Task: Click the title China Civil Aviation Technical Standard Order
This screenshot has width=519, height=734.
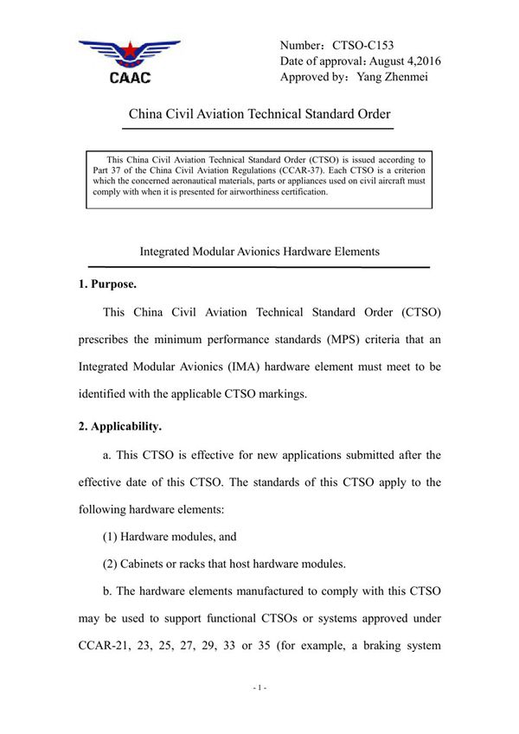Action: coord(259,114)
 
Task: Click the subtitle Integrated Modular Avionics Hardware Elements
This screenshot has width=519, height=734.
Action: coord(259,252)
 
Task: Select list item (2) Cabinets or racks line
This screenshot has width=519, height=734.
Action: coord(224,564)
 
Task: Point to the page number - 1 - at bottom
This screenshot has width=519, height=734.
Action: coord(259,687)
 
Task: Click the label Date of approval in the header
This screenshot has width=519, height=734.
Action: coord(319,61)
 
